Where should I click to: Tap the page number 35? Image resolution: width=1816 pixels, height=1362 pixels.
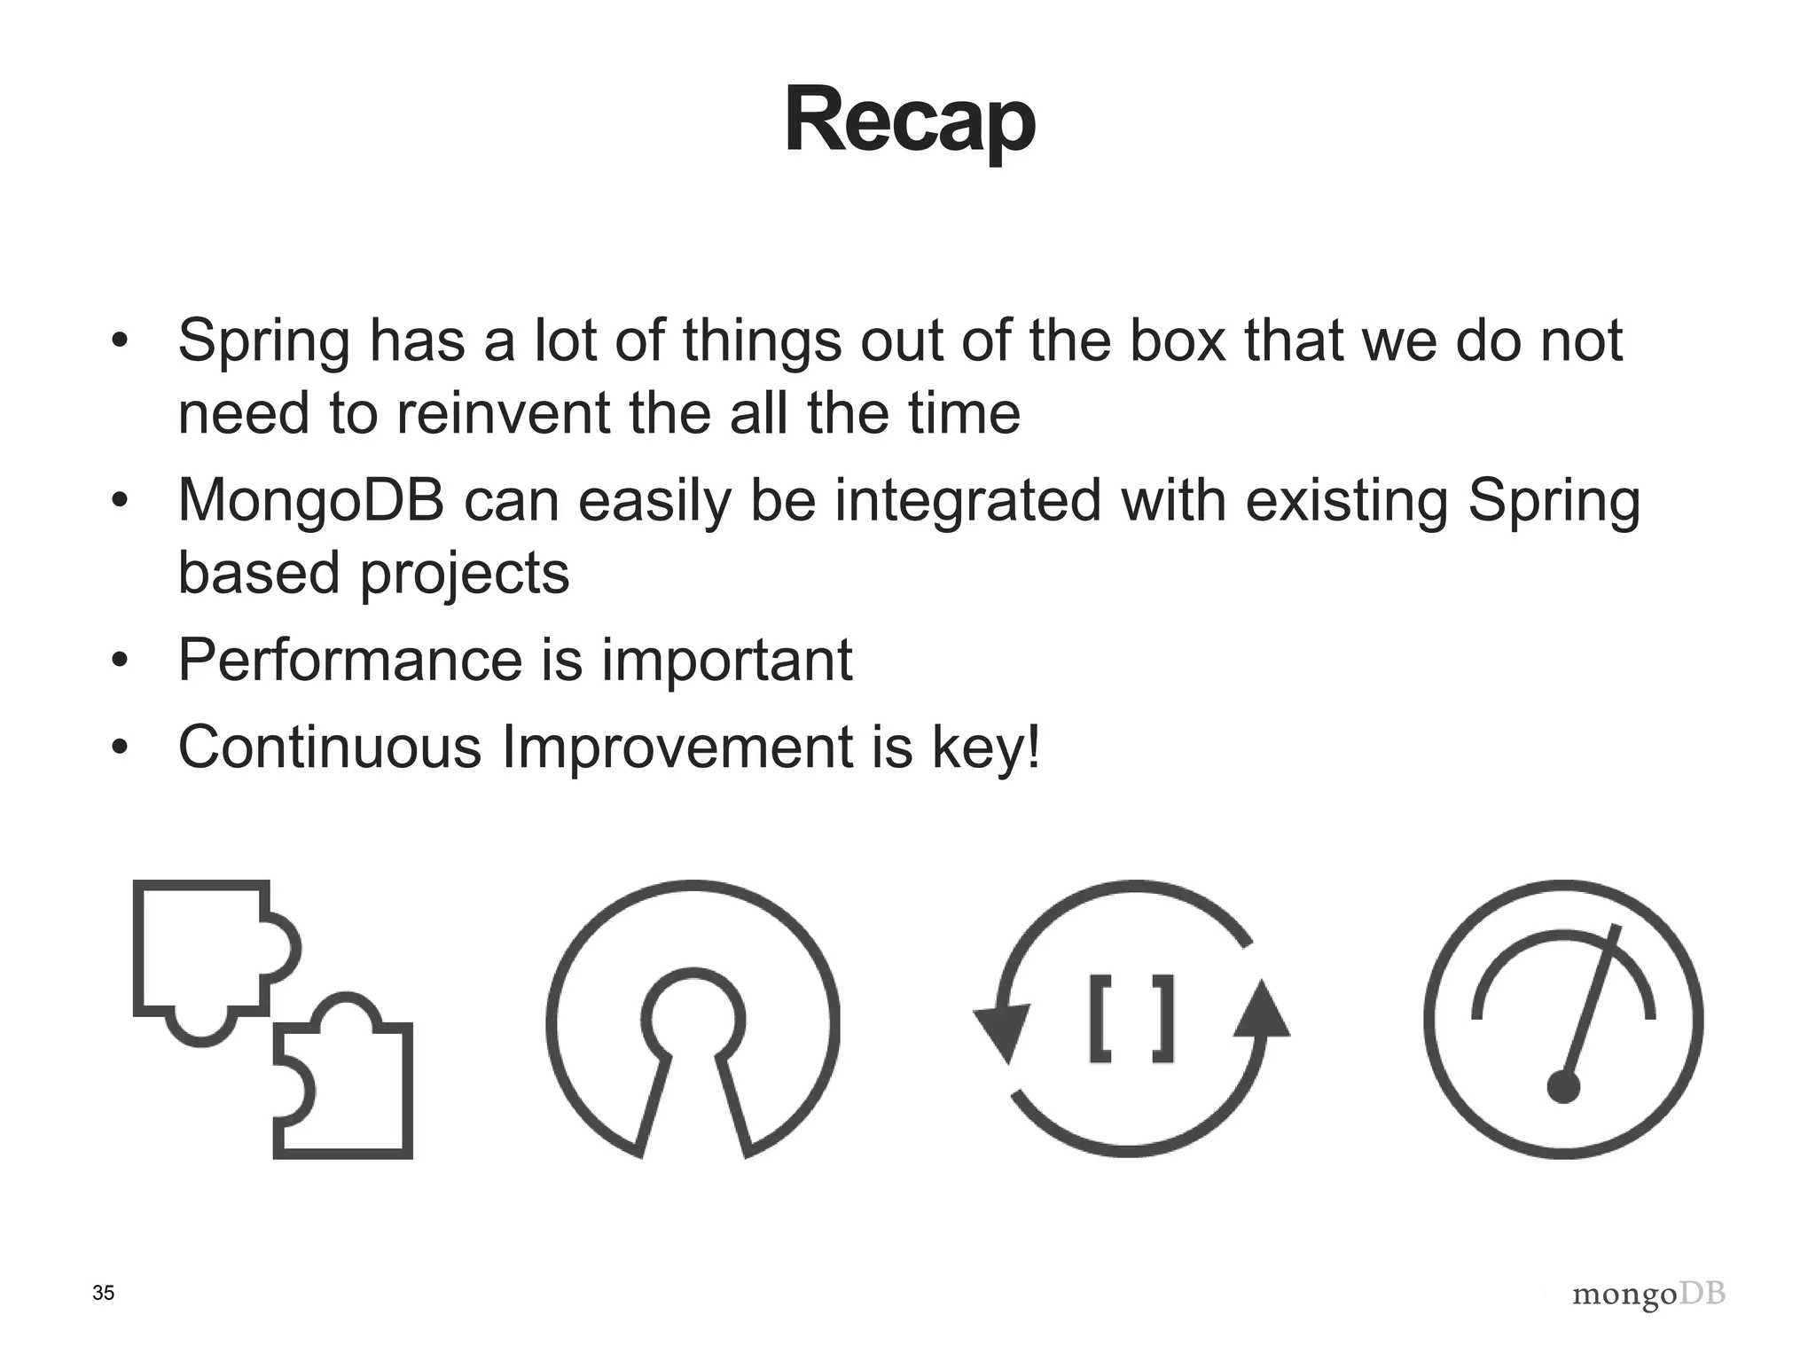103,1293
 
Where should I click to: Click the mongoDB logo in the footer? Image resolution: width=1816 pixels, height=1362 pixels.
1648,1295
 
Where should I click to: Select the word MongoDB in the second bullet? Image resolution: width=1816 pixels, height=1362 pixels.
310,500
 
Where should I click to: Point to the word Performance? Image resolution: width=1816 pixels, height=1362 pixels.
350,660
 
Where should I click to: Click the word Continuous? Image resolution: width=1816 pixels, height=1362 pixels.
329,747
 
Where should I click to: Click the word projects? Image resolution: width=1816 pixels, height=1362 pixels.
464,573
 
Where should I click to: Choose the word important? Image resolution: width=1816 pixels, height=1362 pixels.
726,661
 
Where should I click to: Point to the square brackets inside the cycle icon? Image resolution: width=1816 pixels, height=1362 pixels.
1131,1018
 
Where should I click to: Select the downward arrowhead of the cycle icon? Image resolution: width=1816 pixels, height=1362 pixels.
1003,1032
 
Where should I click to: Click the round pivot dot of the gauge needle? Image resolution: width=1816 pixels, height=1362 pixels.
1563,1087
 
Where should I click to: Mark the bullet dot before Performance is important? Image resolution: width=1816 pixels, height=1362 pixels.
121,660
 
